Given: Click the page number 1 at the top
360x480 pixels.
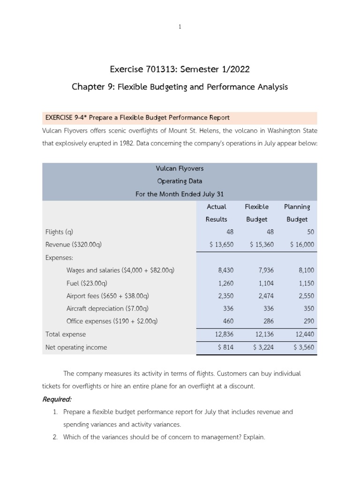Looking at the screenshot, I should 180,27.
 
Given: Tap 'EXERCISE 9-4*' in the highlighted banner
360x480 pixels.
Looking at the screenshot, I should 66,117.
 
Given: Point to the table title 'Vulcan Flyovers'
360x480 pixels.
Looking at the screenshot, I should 180,168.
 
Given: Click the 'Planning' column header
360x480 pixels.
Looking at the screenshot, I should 297,207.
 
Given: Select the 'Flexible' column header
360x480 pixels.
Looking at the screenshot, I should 256,207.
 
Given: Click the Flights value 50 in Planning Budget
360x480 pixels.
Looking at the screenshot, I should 310,232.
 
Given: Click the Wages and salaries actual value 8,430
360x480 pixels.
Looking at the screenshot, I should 225,270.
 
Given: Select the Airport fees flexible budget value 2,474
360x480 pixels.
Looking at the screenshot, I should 265,296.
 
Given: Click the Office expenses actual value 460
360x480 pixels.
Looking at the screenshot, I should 227,321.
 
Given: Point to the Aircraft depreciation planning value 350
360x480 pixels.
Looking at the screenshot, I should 309,308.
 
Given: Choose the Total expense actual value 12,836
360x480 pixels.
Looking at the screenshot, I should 224,334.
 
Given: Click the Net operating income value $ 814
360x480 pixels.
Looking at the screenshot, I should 225,347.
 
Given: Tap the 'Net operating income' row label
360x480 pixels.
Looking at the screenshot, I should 76,347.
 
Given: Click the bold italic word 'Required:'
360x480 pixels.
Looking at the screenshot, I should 57,400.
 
